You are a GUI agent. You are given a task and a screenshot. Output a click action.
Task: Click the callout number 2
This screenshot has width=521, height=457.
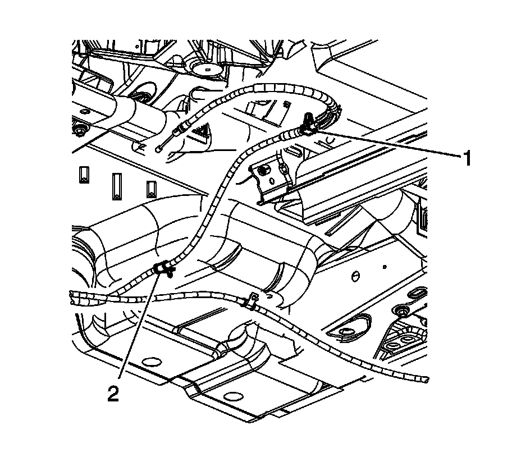point(113,394)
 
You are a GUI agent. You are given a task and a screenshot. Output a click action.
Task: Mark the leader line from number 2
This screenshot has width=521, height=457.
point(138,331)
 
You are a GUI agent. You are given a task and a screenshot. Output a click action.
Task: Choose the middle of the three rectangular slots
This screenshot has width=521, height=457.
point(117,186)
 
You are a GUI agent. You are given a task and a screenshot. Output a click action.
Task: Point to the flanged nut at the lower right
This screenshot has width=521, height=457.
point(401,312)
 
